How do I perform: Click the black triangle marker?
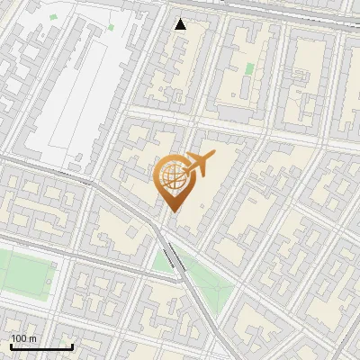(x=181, y=24)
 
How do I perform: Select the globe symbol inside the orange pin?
(x=171, y=175)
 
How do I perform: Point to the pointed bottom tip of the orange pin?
(x=171, y=211)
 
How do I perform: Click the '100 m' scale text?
(x=24, y=338)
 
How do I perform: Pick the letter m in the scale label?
(x=32, y=338)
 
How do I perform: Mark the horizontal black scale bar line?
(x=41, y=346)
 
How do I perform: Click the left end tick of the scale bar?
(x=11, y=345)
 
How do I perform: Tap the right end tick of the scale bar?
(x=72, y=345)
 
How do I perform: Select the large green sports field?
(x=22, y=274)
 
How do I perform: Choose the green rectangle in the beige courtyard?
(x=249, y=68)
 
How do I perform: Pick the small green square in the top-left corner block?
(x=53, y=17)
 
